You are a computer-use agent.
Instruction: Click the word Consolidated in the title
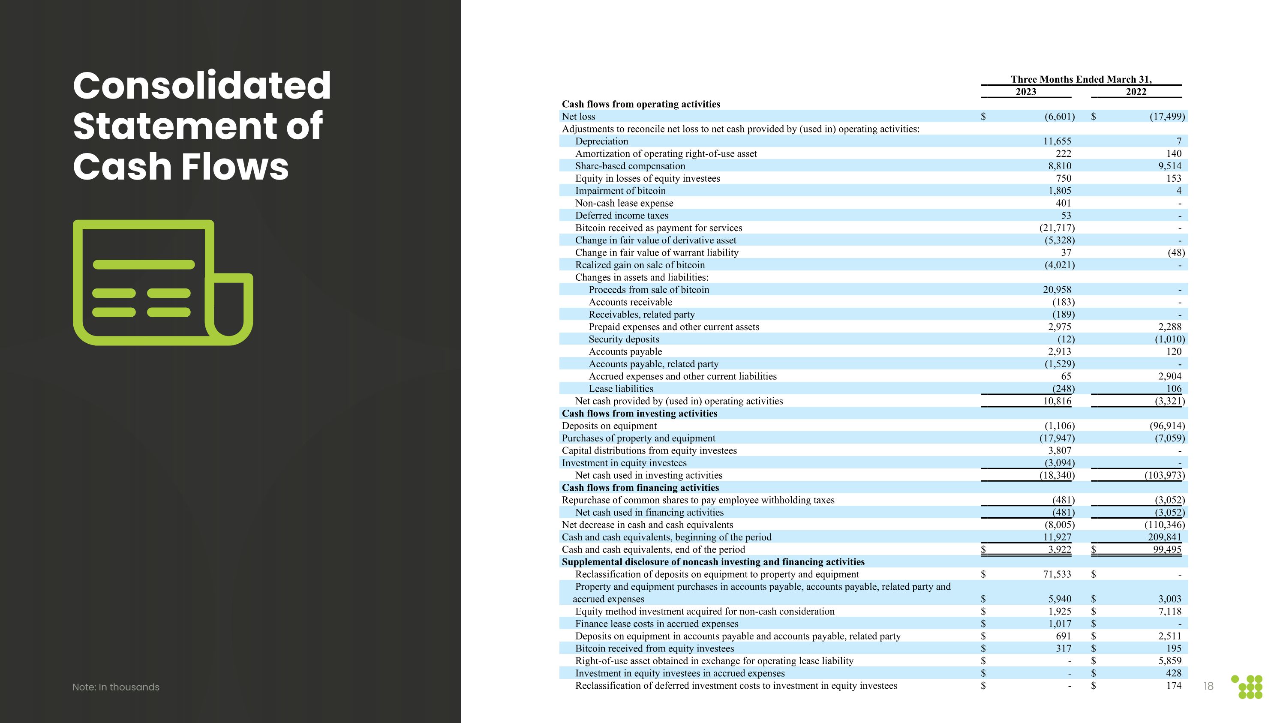click(x=201, y=85)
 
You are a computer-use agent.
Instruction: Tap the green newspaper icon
click(x=163, y=282)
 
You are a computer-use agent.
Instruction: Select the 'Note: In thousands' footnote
click(x=116, y=687)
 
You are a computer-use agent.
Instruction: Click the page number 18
click(x=1208, y=686)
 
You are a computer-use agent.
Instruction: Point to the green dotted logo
click(x=1247, y=687)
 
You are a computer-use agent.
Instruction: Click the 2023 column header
click(x=1026, y=92)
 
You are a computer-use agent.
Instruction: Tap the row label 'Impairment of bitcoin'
click(x=620, y=191)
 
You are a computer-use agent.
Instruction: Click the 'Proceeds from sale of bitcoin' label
click(x=649, y=290)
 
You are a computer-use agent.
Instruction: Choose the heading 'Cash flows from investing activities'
click(x=639, y=414)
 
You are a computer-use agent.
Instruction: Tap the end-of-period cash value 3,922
click(x=1060, y=549)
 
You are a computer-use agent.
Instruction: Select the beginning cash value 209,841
click(x=1164, y=537)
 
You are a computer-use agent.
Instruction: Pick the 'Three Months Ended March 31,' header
click(x=1081, y=79)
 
